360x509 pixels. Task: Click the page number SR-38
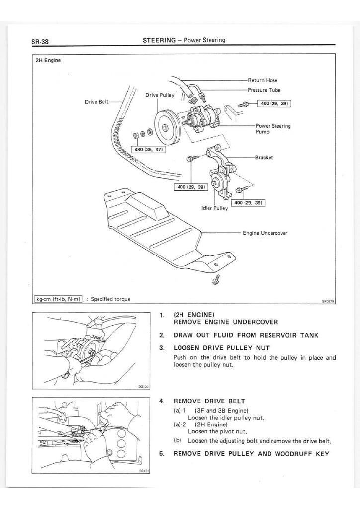[x=39, y=41]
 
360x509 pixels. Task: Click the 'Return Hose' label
[x=263, y=80]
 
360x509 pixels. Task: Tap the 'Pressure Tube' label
[x=264, y=90]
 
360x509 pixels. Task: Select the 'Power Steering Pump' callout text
[x=273, y=129]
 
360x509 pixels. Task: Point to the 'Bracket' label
[x=264, y=157]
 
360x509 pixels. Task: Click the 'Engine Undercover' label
[x=266, y=233]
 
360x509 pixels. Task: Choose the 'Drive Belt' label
[x=96, y=101]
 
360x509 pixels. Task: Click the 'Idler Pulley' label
[x=214, y=208]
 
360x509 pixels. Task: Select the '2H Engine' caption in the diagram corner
[x=48, y=60]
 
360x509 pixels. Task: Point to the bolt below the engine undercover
[x=217, y=281]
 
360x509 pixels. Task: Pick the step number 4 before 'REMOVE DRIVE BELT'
[x=162, y=401]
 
